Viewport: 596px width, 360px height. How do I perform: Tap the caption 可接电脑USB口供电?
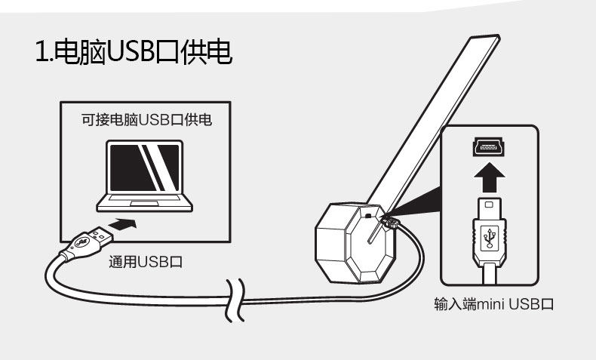pos(146,119)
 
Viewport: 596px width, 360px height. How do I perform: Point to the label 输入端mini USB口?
pos(494,304)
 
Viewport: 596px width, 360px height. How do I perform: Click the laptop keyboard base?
pos(146,202)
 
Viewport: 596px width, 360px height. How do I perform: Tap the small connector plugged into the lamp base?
pos(389,221)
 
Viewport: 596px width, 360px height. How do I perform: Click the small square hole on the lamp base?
pos(368,214)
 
